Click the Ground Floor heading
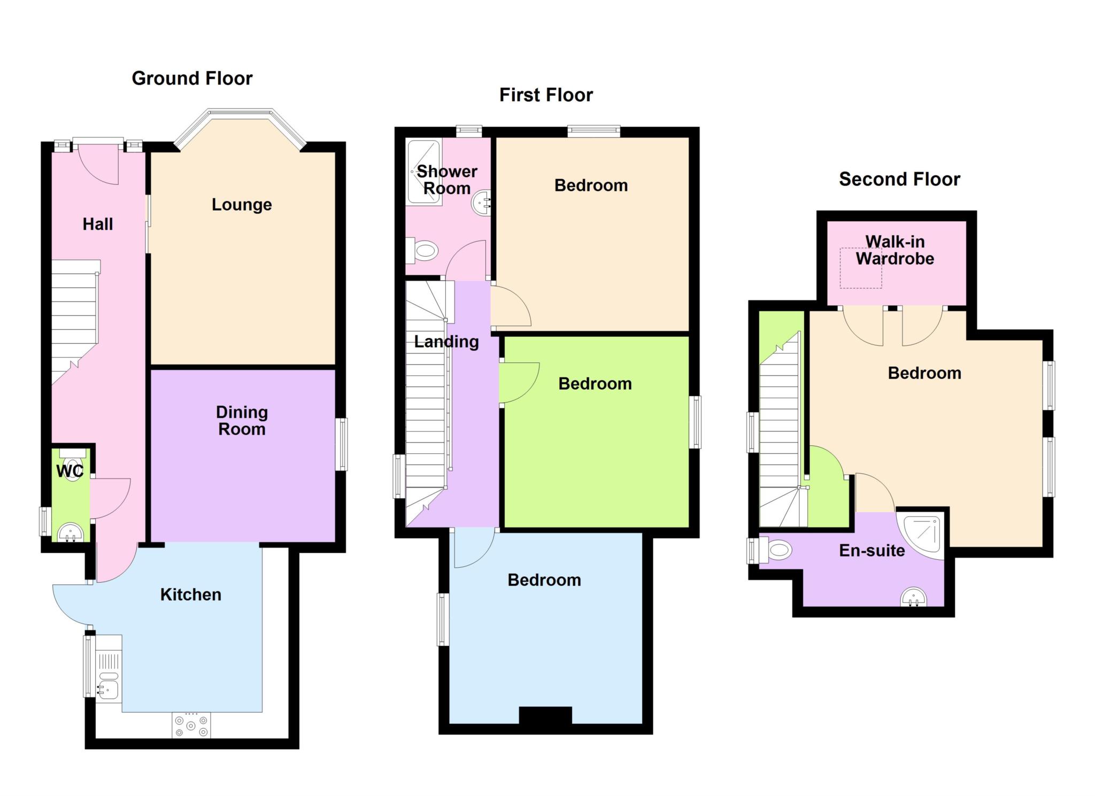[192, 79]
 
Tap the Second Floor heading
[899, 179]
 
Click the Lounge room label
[242, 205]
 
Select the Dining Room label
[242, 421]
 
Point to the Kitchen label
[191, 594]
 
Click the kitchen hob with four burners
[191, 725]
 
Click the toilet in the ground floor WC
[72, 464]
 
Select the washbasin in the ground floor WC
[71, 532]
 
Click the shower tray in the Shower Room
[425, 172]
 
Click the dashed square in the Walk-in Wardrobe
[860, 268]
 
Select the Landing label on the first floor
[446, 342]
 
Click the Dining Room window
[342, 444]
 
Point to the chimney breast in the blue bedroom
[545, 715]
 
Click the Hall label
[98, 224]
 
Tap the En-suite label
[872, 551]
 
